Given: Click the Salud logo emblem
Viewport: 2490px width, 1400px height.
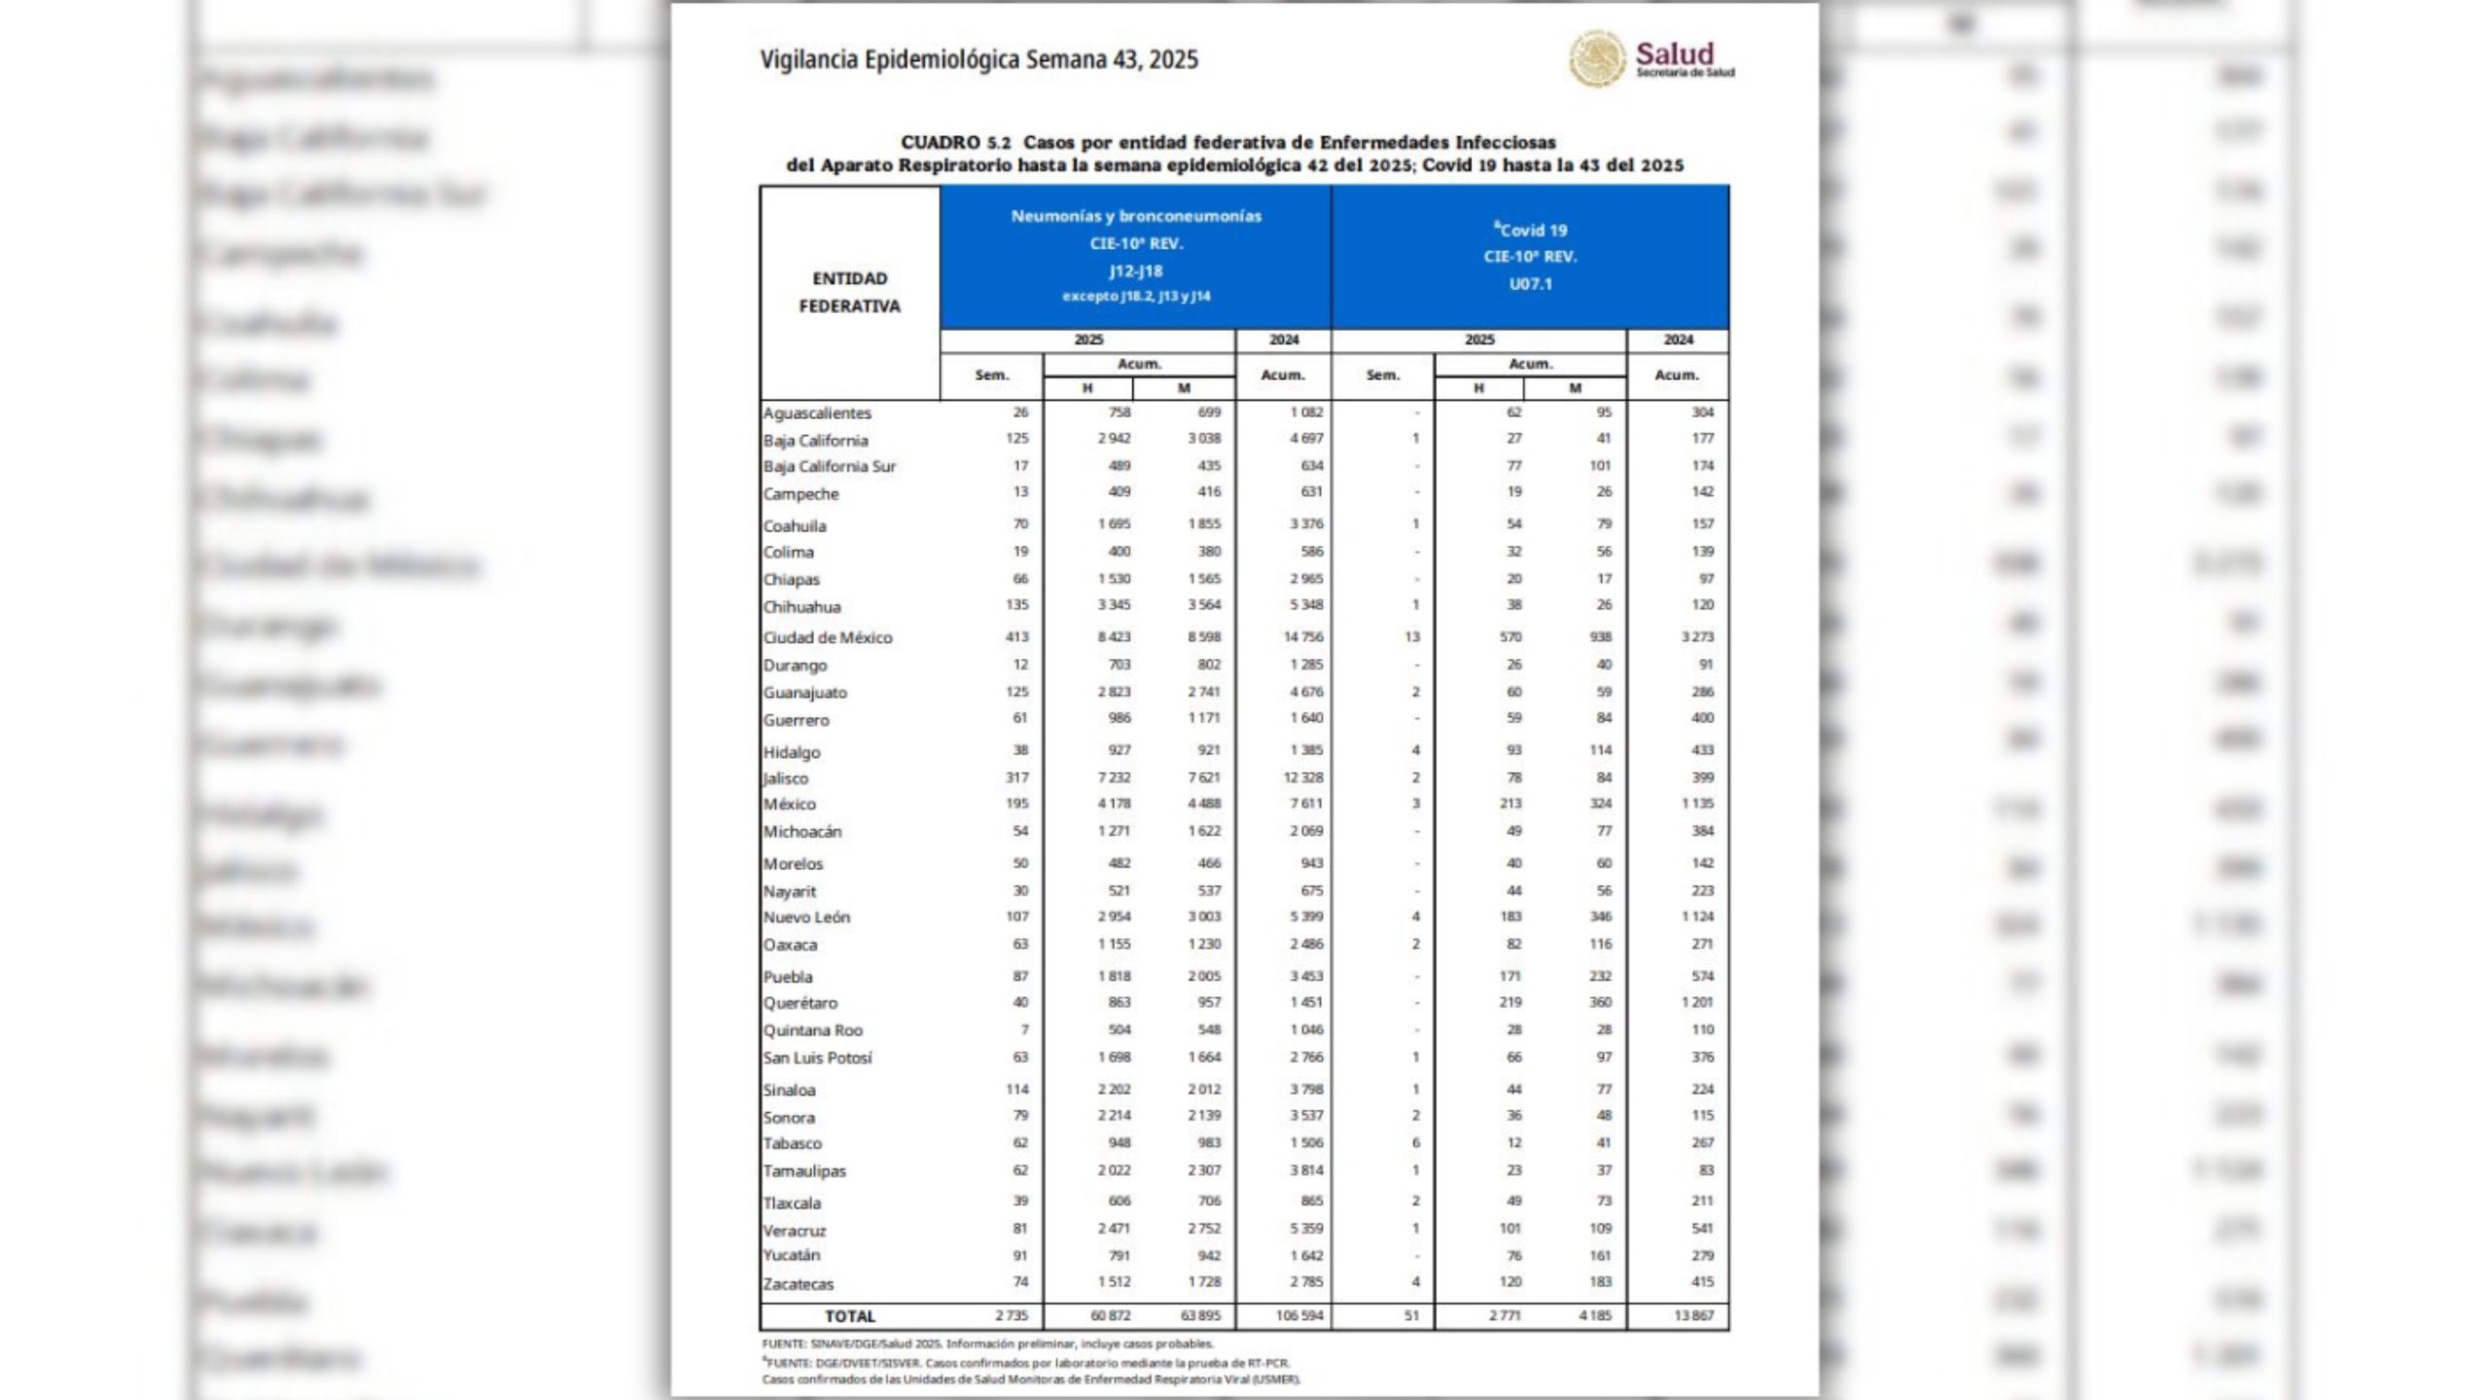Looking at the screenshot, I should coord(1596,57).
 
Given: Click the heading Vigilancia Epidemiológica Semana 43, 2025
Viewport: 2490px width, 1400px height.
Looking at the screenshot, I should coord(978,60).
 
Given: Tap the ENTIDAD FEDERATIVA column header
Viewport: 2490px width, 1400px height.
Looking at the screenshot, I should coord(849,292).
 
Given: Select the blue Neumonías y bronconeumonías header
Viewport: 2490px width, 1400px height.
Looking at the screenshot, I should coord(1135,256).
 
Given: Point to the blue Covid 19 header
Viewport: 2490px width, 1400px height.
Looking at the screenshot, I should coord(1530,256).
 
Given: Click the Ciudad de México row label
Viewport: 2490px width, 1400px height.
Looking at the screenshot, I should coord(827,638).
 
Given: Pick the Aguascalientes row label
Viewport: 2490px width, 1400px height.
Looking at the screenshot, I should coord(817,413).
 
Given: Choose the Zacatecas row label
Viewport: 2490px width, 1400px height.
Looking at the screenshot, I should coord(798,1284).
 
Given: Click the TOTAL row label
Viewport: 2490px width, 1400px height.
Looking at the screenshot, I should coord(850,1316).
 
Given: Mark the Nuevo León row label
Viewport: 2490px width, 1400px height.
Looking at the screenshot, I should coord(806,917).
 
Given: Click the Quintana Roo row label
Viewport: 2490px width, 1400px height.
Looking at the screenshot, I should coord(812,1030).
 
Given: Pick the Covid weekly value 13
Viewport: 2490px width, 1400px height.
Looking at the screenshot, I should coord(1411,637).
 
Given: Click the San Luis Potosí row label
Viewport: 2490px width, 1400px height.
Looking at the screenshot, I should coord(817,1058).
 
